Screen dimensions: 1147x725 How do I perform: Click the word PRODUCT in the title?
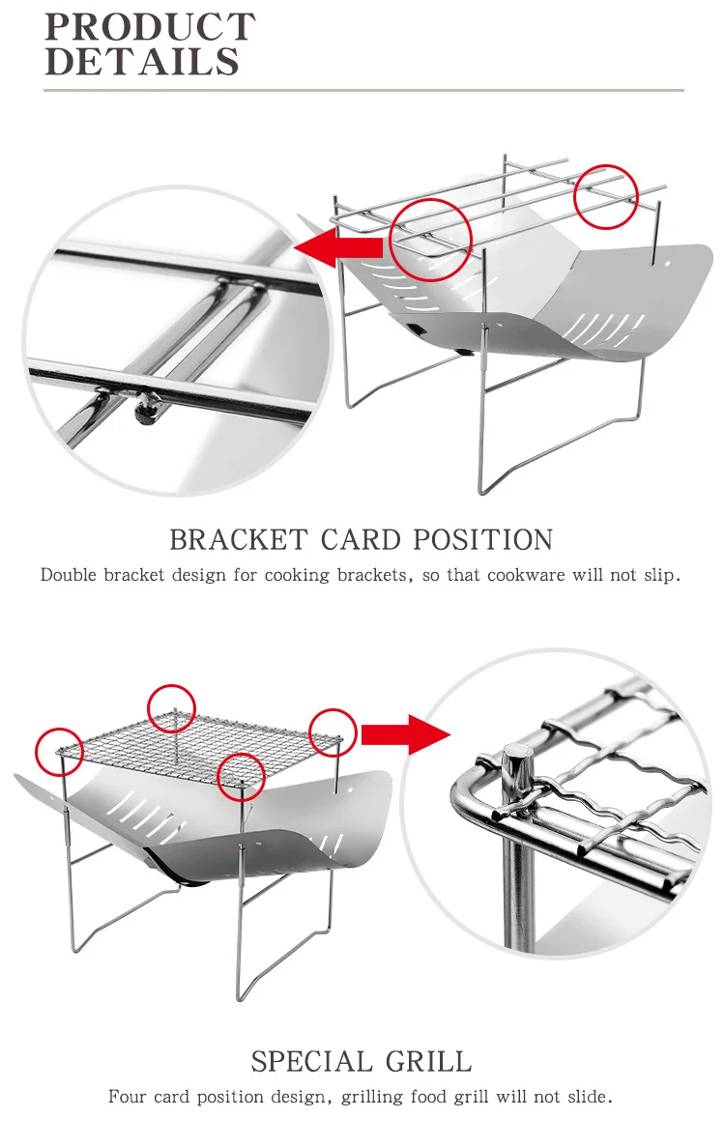click(x=150, y=26)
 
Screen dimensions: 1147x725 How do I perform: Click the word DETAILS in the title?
click(x=141, y=62)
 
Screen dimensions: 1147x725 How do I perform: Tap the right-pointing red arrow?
click(x=406, y=733)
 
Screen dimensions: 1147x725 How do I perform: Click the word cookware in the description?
click(x=526, y=575)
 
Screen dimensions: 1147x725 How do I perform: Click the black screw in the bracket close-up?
click(x=145, y=412)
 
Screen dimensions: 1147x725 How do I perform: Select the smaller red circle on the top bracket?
click(x=607, y=197)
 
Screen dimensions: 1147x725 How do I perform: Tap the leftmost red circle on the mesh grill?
click(x=60, y=751)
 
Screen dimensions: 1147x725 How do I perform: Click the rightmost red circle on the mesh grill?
click(x=333, y=733)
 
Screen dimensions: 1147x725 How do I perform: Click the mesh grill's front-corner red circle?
click(x=241, y=776)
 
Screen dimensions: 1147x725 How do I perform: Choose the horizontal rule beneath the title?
click(x=363, y=91)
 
